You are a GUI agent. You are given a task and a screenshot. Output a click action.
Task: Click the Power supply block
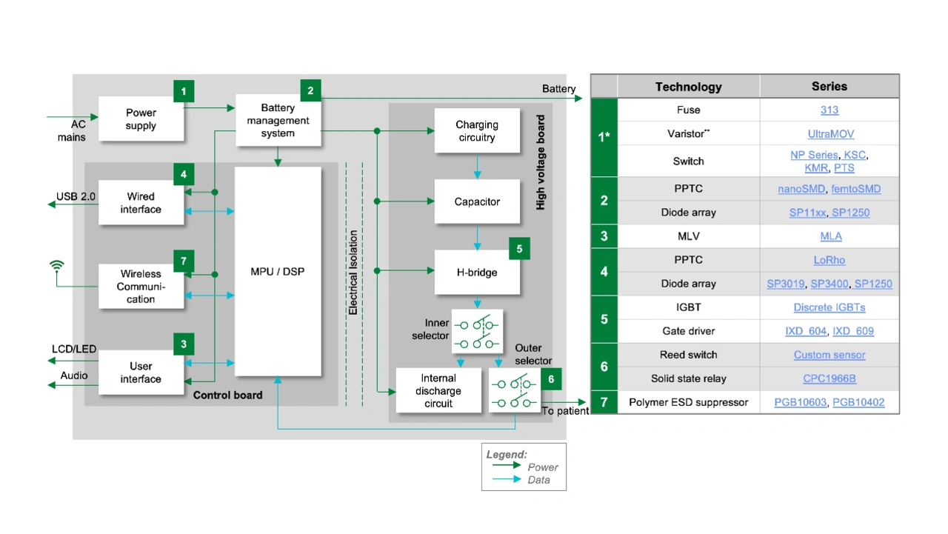[x=141, y=119]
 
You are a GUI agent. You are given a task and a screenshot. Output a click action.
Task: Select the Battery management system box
[x=278, y=120]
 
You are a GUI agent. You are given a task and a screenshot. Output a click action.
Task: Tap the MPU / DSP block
[x=278, y=271]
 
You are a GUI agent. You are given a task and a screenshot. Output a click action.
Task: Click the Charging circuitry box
[x=477, y=131]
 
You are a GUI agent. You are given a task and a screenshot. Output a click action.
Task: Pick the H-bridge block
[x=477, y=273]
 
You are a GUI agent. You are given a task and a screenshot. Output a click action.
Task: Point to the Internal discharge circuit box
[x=438, y=390]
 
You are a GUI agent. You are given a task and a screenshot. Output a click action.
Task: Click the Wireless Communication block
[x=141, y=287]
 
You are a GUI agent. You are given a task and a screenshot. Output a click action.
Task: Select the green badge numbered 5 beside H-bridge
[x=519, y=249]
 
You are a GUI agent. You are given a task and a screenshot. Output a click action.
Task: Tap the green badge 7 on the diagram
[x=184, y=261]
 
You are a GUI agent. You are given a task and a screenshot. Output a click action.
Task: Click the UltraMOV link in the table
[x=829, y=134]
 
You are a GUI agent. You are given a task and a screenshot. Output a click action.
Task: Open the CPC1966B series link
[x=829, y=378]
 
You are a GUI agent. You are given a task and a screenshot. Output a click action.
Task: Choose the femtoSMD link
[x=856, y=189]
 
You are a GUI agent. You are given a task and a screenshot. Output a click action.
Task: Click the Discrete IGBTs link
[x=829, y=307]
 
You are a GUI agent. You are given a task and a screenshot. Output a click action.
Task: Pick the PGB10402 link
[x=858, y=402]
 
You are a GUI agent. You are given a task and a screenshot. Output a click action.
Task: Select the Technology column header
[x=688, y=87]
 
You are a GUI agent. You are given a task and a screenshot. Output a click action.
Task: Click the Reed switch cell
[x=688, y=355]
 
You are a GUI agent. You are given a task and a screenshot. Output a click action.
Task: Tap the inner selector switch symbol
[x=477, y=331]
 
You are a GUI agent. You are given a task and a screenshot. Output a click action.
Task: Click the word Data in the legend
[x=539, y=480]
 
